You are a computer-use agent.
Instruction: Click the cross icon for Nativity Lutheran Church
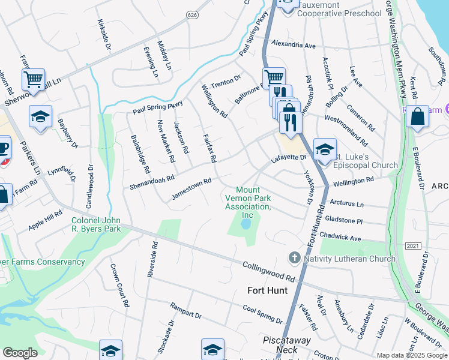[294, 257]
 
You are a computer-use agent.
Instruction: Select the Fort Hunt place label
[267, 290]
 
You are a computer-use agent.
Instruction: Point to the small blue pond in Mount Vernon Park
[246, 225]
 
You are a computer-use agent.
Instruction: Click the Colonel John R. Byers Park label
[97, 224]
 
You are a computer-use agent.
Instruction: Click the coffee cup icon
[3, 148]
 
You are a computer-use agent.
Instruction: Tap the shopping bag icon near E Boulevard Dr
[417, 116]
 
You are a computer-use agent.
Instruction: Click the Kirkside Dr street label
[104, 34]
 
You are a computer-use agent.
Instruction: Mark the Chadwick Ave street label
[340, 236]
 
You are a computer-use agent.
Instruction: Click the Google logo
[20, 353]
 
